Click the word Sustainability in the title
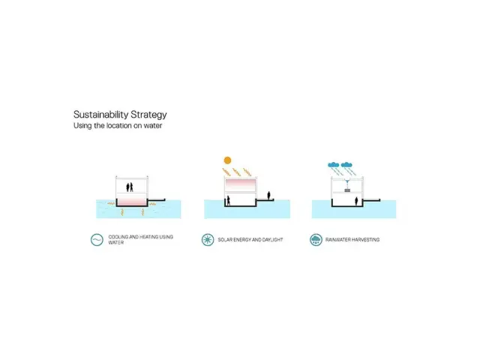point(100,115)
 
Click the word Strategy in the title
point(147,115)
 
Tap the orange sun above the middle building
point(228,160)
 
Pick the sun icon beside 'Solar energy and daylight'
point(206,240)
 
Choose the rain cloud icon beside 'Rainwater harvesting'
point(316,240)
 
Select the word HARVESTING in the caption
point(367,240)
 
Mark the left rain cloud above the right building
point(333,163)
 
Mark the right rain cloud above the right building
point(347,163)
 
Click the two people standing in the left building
point(130,186)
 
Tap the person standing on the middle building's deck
point(270,196)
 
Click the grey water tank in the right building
point(347,191)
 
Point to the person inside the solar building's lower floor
point(227,201)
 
